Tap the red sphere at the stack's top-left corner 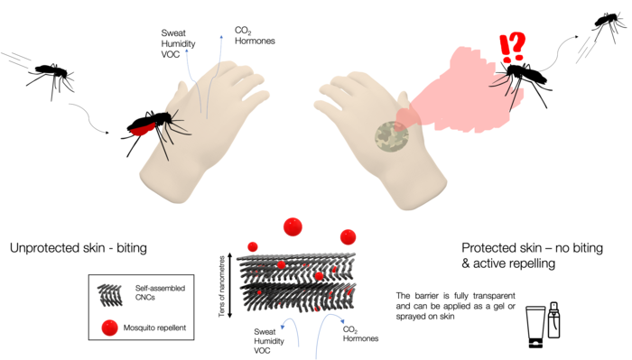pos(252,246)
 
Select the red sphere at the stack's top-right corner pos(348,236)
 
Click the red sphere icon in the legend pos(109,327)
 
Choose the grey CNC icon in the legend pos(109,292)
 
